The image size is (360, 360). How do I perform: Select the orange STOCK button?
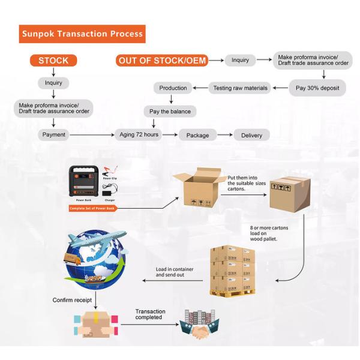[53, 60]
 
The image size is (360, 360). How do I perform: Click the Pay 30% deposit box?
[317, 88]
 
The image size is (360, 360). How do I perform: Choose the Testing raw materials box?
[240, 88]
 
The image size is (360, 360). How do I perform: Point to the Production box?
[173, 88]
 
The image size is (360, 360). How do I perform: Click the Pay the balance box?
[170, 111]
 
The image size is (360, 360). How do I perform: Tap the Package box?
[197, 135]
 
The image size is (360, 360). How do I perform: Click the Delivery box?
[251, 135]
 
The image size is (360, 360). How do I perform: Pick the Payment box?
[53, 135]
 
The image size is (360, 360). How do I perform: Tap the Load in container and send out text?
[175, 272]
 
